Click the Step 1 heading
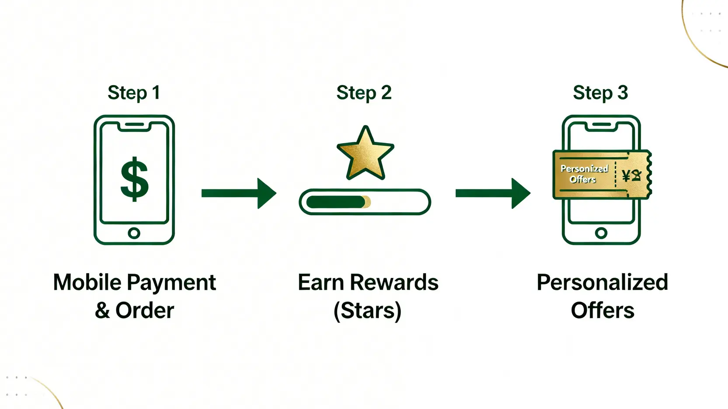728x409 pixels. (134, 93)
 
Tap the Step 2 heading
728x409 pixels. (364, 93)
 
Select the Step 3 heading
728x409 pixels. (600, 93)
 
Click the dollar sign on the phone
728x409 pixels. (135, 179)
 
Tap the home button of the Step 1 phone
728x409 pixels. (134, 233)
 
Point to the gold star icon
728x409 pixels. (365, 154)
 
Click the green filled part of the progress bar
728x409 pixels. (336, 202)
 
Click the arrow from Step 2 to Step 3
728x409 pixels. (492, 193)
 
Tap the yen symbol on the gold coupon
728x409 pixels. (626, 175)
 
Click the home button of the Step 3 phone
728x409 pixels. (601, 233)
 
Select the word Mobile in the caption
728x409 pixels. (87, 282)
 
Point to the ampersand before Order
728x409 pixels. (102, 311)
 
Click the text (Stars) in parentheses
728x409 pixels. (367, 311)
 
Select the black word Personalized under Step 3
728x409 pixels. (602, 282)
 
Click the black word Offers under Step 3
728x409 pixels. (602, 311)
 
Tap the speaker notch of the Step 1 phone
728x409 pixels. (134, 124)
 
